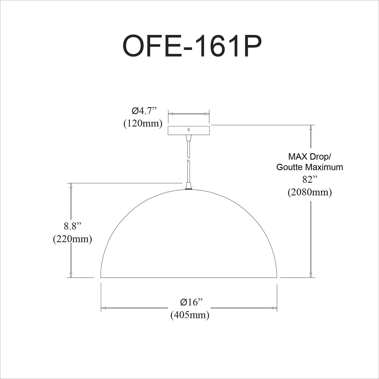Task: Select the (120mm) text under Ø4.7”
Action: click(x=143, y=124)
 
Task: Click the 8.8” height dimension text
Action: click(x=73, y=226)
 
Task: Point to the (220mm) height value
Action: click(x=72, y=239)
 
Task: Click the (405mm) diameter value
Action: click(x=190, y=315)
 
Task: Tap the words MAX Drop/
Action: click(x=310, y=156)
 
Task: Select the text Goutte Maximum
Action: click(x=310, y=167)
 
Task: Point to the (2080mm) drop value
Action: click(x=310, y=192)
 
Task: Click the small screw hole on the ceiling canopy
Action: click(x=188, y=130)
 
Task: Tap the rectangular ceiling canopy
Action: click(x=177, y=130)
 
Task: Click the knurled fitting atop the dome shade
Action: click(x=188, y=188)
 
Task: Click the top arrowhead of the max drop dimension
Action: click(x=311, y=127)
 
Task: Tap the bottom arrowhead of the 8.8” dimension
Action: click(x=71, y=275)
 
